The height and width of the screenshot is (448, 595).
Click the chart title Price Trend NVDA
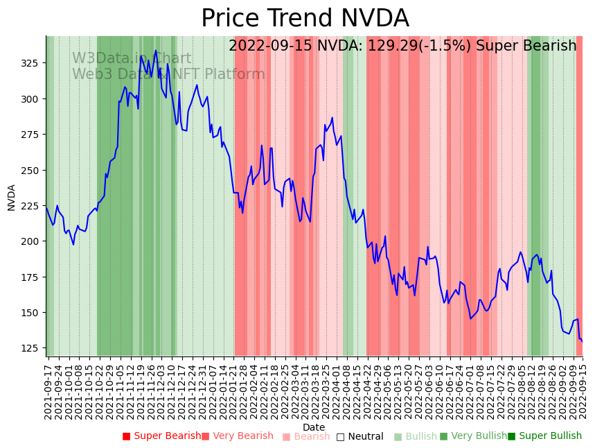[305, 19]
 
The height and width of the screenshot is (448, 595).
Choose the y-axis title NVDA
[11, 197]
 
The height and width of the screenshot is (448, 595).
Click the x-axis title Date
[314, 427]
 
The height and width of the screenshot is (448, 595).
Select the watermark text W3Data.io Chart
[132, 59]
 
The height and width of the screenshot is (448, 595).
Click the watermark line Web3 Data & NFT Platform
[168, 74]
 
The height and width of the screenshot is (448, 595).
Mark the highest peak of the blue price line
[156, 50]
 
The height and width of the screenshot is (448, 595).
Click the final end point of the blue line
[582, 341]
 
